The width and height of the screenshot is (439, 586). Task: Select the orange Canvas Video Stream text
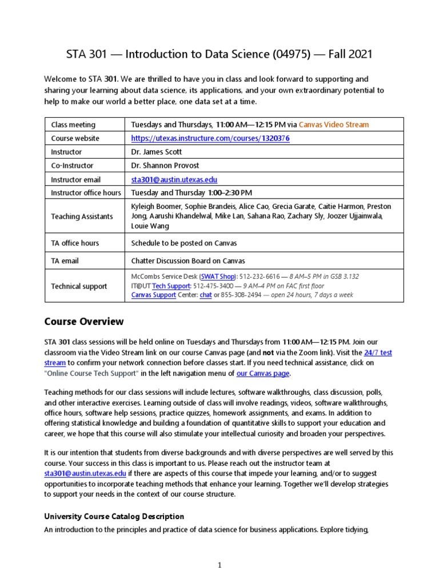(x=334, y=125)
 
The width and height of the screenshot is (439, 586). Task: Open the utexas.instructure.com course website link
(x=210, y=138)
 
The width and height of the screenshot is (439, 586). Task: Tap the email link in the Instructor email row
(x=174, y=180)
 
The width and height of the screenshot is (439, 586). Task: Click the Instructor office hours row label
(x=86, y=193)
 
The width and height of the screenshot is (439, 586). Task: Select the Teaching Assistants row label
(x=82, y=217)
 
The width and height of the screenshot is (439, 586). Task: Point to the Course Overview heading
(x=83, y=322)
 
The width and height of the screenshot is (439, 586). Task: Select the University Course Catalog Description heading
(x=114, y=517)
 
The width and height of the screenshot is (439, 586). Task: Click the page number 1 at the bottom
(x=219, y=565)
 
